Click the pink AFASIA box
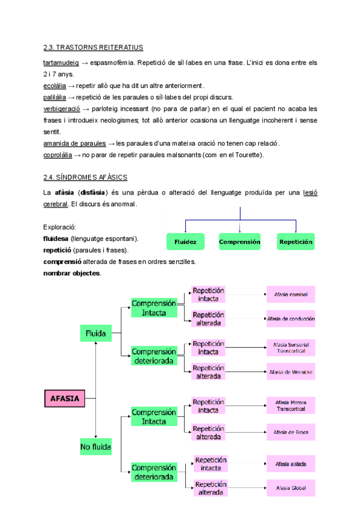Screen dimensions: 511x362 pos(65,398)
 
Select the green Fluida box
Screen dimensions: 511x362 pos(96,333)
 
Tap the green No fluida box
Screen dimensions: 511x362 pos(96,447)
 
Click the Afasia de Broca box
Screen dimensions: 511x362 pos(291,432)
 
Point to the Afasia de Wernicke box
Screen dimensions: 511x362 pos(291,372)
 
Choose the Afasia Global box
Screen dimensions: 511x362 pos(291,487)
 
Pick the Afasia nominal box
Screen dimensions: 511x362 pos(291,295)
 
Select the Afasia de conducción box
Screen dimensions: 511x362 pos(291,318)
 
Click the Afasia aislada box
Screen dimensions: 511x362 pos(291,464)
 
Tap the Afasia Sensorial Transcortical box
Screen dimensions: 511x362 pos(291,347)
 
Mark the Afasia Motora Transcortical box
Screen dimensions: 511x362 pos(291,405)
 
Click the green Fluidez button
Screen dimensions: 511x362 pos(185,242)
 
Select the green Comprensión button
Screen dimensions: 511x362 pos(240,242)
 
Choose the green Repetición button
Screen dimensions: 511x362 pos(296,242)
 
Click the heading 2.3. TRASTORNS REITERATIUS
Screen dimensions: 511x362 pos(93,47)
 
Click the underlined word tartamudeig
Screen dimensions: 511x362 pos(61,63)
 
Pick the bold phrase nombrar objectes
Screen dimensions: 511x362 pos(72,273)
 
